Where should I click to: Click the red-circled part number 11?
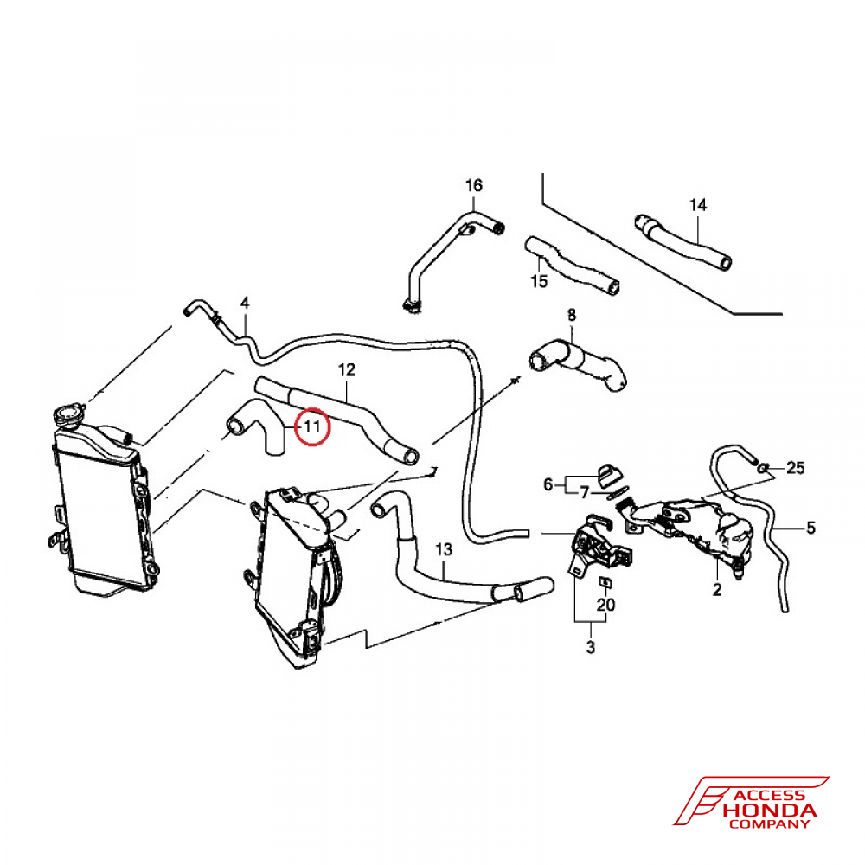311,426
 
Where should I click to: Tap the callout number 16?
474,185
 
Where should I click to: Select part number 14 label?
698,205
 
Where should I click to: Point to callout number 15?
539,281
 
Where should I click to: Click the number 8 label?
572,315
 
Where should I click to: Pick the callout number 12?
347,369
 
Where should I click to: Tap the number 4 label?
245,303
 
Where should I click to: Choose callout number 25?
796,468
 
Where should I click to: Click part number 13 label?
444,549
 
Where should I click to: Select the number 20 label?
605,605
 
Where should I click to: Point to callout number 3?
590,647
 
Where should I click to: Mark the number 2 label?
716,590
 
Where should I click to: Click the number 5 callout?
811,528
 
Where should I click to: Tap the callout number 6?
548,484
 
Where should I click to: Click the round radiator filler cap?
70,415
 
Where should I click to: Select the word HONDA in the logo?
769,811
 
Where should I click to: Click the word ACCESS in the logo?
770,795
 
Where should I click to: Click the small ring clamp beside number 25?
762,468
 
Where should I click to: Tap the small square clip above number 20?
605,582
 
